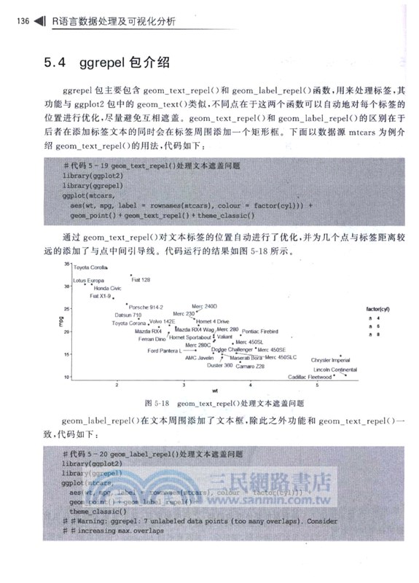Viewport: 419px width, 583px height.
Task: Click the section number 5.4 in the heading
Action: [x=55, y=63]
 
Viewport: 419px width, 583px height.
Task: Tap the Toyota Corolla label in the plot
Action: [x=91, y=268]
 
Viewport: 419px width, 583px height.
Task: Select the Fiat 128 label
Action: [x=141, y=279]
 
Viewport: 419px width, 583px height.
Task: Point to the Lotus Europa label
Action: [x=89, y=281]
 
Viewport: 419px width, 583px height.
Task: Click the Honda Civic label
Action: [x=108, y=289]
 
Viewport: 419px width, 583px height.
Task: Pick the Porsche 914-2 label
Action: [x=145, y=307]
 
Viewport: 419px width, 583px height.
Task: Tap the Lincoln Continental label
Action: [x=334, y=369]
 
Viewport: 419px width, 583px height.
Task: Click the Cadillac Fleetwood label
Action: [x=310, y=377]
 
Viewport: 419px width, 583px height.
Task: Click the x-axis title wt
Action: [x=215, y=391]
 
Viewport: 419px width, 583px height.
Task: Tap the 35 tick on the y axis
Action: [x=67, y=264]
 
